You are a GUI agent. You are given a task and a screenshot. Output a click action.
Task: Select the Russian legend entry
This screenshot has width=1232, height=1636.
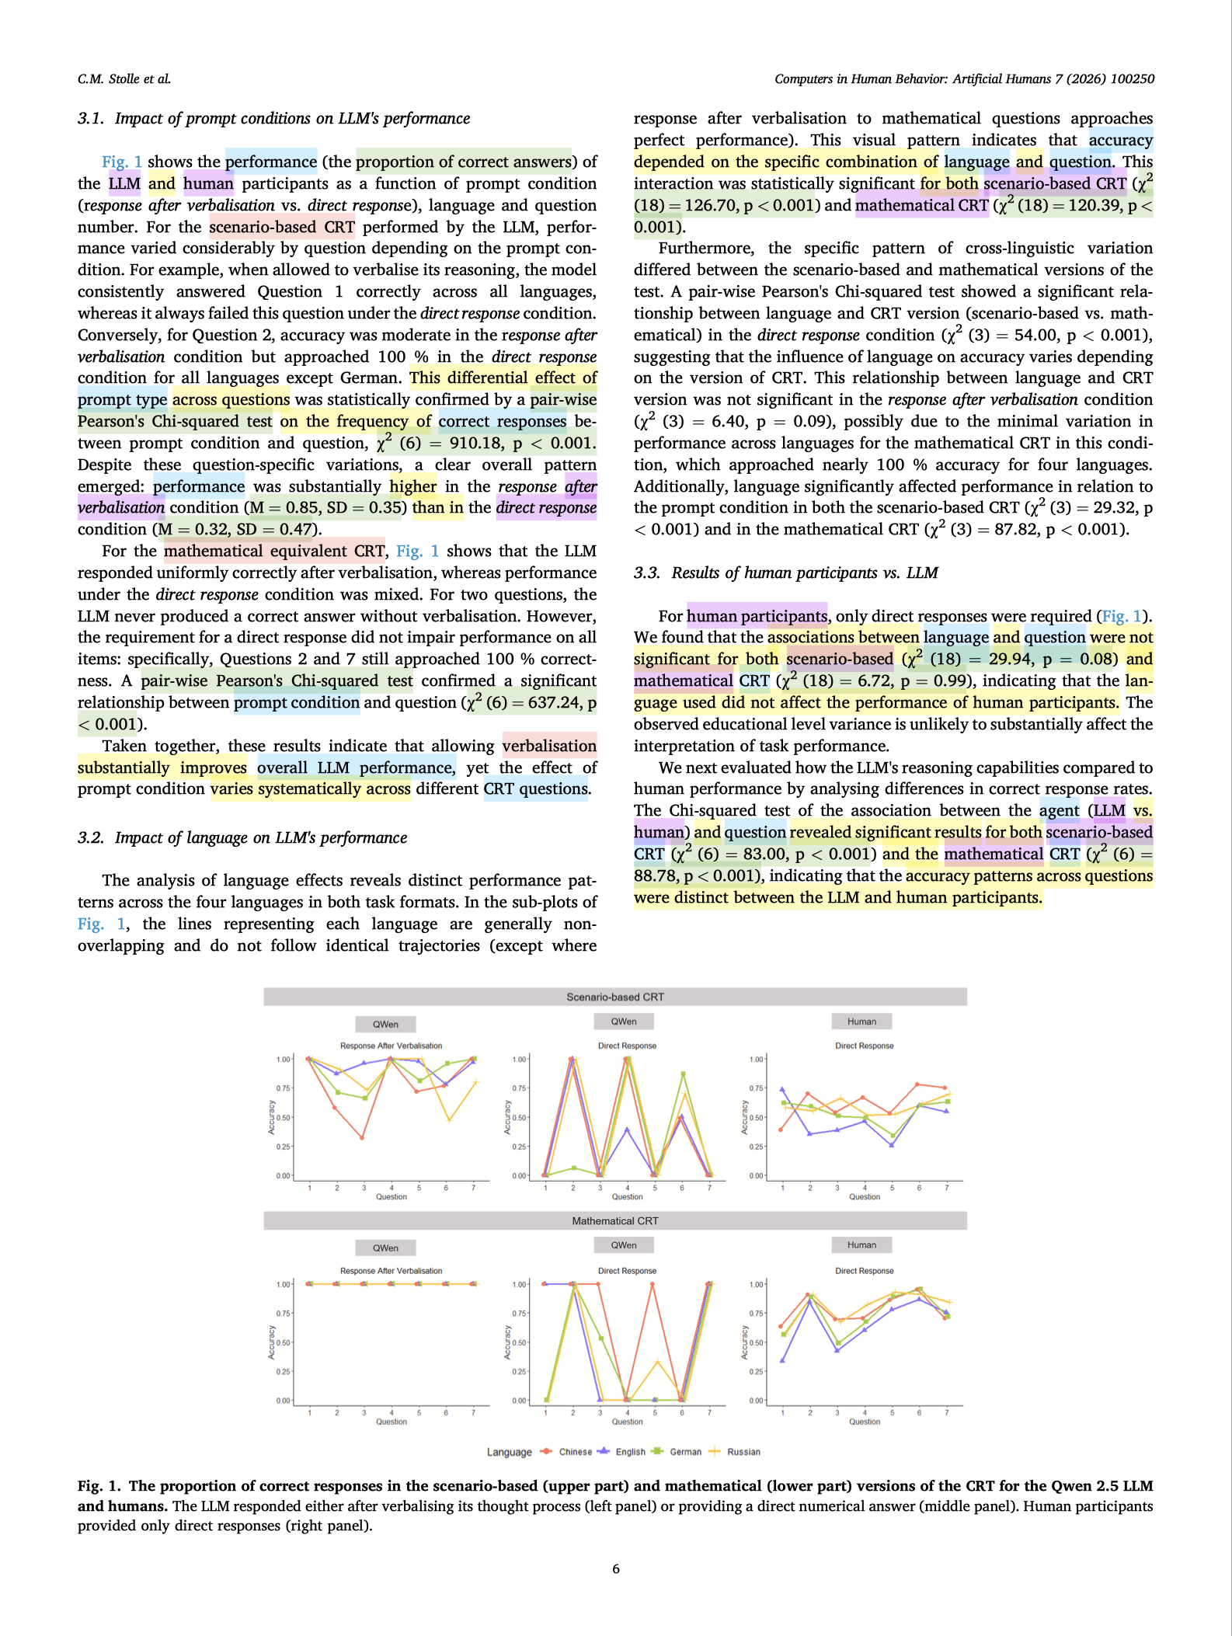tap(743, 1452)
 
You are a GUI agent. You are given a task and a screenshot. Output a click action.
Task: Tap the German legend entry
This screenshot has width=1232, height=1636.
tap(684, 1452)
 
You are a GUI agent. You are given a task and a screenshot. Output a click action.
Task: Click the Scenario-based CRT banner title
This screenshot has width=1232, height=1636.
tap(615, 997)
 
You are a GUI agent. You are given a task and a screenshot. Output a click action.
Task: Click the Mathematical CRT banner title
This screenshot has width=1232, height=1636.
tap(615, 1221)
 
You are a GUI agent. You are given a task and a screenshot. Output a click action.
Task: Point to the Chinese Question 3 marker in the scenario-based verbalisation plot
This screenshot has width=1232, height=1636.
tap(363, 1138)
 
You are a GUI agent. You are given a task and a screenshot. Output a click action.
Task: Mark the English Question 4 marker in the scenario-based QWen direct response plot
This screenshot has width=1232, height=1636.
tap(627, 1130)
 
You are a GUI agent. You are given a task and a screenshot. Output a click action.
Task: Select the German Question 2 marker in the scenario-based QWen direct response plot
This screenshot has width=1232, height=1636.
tap(573, 1168)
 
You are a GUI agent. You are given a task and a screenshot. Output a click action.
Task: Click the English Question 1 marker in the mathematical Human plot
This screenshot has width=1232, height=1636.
tap(781, 1360)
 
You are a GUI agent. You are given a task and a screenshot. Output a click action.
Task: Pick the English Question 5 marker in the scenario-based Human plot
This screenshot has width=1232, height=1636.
tap(891, 1145)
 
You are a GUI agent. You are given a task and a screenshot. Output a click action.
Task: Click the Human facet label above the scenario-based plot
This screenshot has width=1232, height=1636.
tap(861, 1022)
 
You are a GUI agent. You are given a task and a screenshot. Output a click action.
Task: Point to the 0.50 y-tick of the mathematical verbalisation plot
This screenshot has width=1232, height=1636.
tap(284, 1342)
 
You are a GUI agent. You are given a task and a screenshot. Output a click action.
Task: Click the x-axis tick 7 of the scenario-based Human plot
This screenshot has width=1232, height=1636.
tap(946, 1188)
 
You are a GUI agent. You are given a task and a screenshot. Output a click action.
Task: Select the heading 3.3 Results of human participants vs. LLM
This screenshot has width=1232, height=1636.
tap(786, 573)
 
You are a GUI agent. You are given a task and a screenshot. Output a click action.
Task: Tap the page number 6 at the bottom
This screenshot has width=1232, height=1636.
tap(616, 1569)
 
